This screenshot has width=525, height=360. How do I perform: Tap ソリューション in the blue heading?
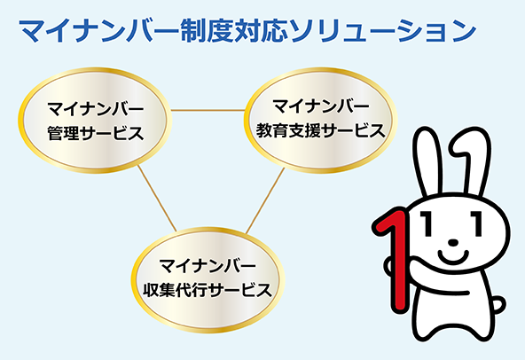click(383, 31)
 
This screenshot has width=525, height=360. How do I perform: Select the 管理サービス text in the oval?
click(96, 133)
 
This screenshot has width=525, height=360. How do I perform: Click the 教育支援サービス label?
click(320, 130)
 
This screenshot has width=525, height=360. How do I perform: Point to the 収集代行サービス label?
click(208, 290)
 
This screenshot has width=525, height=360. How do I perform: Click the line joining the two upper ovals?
click(208, 110)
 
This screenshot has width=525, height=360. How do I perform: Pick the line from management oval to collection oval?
click(157, 198)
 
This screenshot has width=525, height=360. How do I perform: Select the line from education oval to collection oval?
click(265, 200)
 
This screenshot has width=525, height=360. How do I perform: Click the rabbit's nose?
click(453, 242)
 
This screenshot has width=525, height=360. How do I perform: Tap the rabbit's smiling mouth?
click(452, 256)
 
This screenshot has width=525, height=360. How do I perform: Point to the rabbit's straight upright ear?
click(427, 162)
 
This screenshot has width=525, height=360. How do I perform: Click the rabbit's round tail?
click(498, 305)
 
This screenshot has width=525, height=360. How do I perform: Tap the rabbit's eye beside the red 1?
click(425, 223)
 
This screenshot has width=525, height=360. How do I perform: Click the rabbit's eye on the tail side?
click(477, 223)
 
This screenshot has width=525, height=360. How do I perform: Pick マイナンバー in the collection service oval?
click(208, 266)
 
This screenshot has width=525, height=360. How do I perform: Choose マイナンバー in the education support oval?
click(321, 106)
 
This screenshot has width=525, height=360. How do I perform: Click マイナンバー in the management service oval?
click(96, 109)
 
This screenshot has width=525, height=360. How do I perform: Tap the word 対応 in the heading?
click(261, 31)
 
